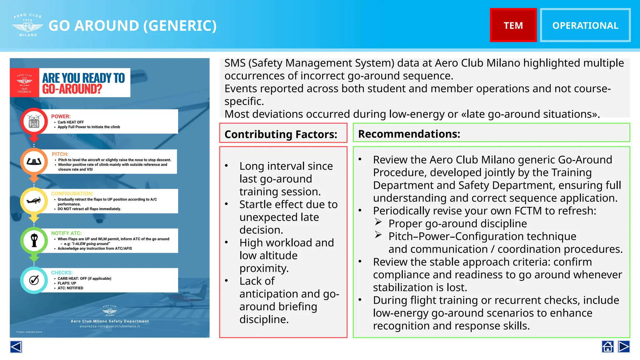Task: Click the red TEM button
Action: (513, 25)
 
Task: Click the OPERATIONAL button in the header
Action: (585, 25)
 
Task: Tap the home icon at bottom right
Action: (607, 347)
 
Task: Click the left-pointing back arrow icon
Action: (16, 347)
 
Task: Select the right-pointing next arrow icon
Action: (624, 347)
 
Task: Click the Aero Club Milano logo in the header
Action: (28, 25)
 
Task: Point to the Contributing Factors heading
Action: (281, 134)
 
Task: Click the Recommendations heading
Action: (409, 134)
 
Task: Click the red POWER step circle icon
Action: (34, 122)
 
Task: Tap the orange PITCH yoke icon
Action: (34, 161)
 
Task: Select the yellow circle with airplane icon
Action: (34, 201)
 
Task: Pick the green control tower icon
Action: (34, 240)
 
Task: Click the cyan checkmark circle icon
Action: (34, 280)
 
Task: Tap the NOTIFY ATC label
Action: (66, 233)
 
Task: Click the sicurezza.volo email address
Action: (110, 326)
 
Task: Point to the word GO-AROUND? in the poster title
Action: (72, 89)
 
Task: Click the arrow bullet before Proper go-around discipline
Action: (378, 222)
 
